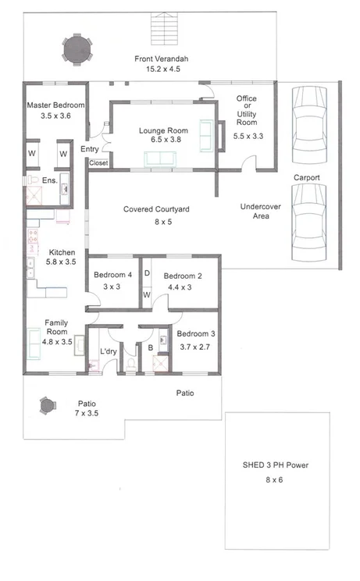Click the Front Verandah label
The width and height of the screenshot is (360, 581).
pyautogui.click(x=162, y=59)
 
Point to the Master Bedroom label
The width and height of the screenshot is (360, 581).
pyautogui.click(x=55, y=105)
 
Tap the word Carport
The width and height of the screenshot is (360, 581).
pyautogui.click(x=306, y=177)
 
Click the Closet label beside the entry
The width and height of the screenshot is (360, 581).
pyautogui.click(x=98, y=163)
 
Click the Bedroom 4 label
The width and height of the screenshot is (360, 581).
pyautogui.click(x=113, y=275)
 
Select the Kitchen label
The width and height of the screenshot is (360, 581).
pyautogui.click(x=62, y=253)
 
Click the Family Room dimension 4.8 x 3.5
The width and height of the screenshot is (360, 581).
pyautogui.click(x=55, y=341)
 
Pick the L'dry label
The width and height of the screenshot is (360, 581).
pyautogui.click(x=109, y=352)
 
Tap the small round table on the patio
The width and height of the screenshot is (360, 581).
pyautogui.click(x=46, y=405)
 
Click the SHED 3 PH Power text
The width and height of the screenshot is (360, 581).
pyautogui.click(x=276, y=465)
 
